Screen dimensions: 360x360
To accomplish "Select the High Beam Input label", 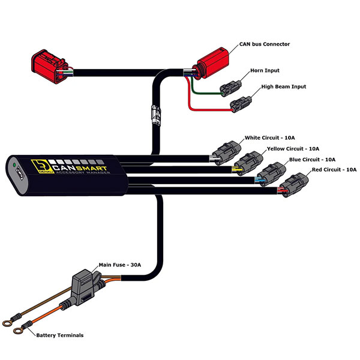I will (x=283, y=87).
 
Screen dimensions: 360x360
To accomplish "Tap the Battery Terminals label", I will (x=59, y=335).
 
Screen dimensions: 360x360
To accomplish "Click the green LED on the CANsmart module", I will (x=11, y=163).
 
